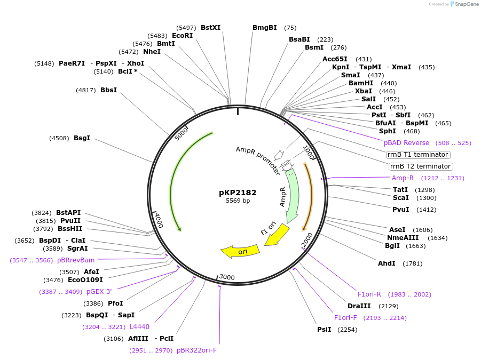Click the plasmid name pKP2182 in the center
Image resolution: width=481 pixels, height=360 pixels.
coord(238,192)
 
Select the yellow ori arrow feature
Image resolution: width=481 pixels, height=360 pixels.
coord(241,251)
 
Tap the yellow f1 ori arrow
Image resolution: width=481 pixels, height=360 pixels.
coord(277,235)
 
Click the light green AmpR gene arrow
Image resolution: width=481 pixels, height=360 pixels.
coord(292,197)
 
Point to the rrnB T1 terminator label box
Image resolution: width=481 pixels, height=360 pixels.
coord(419,155)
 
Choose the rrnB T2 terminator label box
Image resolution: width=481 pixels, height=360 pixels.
coord(421,166)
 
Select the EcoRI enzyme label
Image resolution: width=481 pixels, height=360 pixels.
coord(182,36)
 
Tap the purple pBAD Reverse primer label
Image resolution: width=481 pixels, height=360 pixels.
coord(406,143)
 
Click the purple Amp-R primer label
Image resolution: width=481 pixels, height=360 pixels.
coord(403,178)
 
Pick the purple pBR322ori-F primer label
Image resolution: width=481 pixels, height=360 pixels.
coord(196,350)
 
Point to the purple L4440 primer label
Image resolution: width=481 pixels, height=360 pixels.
coord(139,327)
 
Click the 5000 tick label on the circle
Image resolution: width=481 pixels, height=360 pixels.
coord(182,133)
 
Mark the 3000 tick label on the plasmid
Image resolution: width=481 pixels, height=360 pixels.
coord(227,277)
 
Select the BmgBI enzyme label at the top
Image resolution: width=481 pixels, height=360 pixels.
coord(265,28)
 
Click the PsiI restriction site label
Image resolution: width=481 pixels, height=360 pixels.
coord(324,330)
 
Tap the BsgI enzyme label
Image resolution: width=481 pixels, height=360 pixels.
coord(82,138)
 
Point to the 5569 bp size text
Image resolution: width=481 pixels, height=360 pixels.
coord(238,201)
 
